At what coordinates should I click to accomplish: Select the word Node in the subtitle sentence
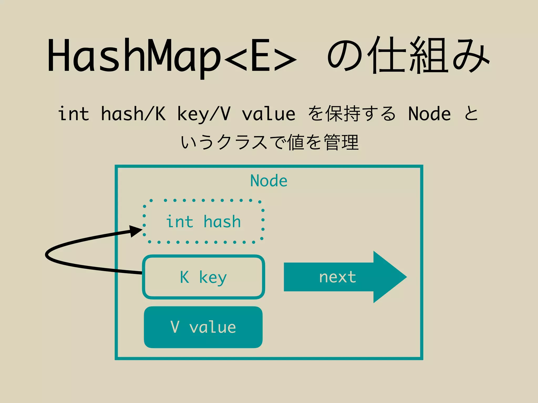click(429, 114)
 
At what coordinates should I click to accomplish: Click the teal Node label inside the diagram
click(269, 181)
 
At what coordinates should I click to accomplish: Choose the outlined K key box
click(203, 277)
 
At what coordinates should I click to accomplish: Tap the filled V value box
click(203, 327)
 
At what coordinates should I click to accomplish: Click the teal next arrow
click(344, 277)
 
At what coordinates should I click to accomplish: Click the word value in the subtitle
click(268, 114)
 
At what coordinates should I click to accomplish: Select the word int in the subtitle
click(74, 114)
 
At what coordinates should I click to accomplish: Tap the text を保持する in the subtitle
click(351, 114)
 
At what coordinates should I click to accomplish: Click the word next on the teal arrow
click(338, 277)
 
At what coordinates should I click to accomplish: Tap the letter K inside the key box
click(184, 277)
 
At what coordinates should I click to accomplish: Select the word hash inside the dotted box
click(222, 222)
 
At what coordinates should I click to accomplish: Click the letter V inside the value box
click(175, 327)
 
